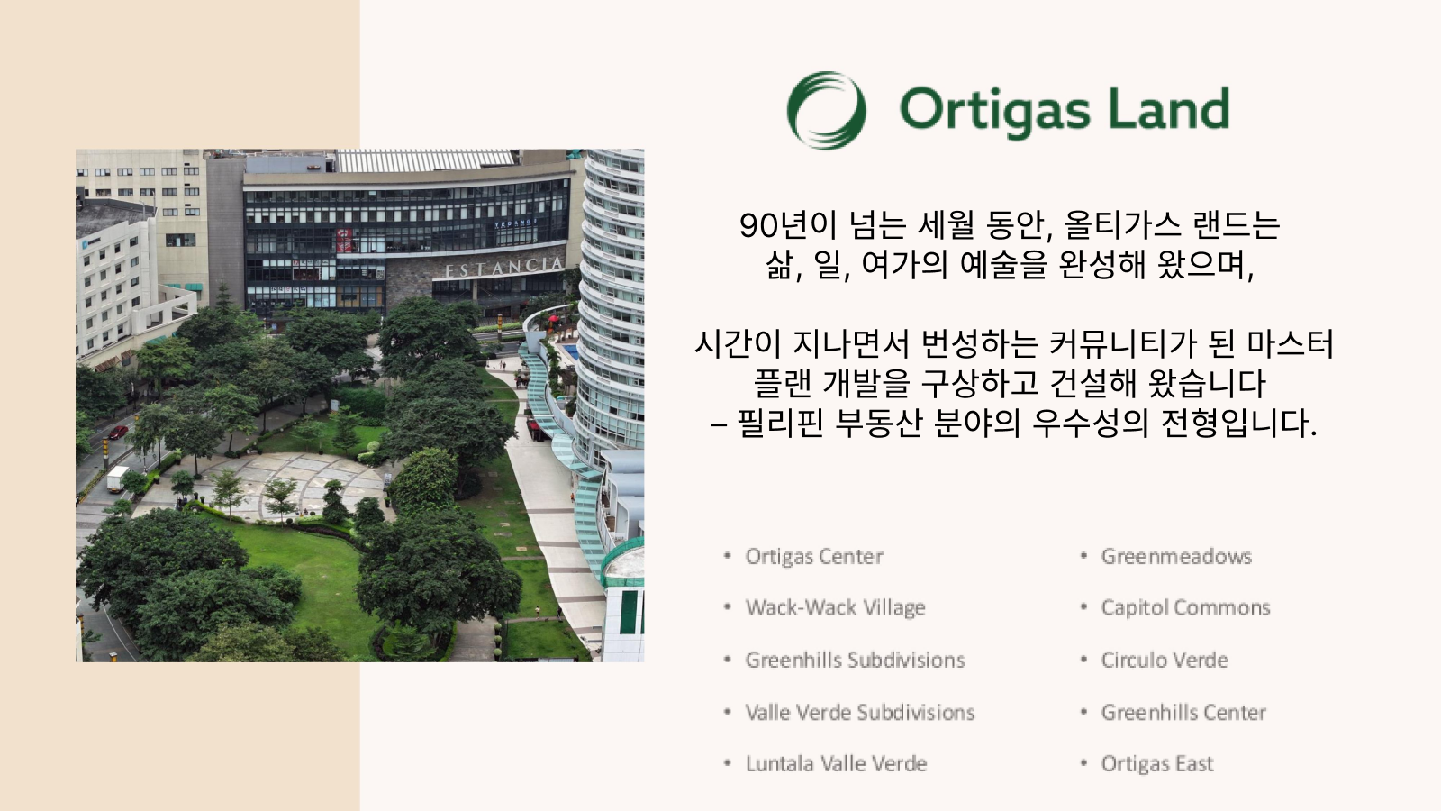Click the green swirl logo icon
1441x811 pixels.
click(x=827, y=110)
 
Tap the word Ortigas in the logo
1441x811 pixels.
click(x=994, y=110)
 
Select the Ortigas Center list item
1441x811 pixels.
click(x=814, y=556)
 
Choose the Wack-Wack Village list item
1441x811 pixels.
click(x=835, y=607)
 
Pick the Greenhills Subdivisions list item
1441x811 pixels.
click(x=855, y=660)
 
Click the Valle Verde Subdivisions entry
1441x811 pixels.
click(x=860, y=712)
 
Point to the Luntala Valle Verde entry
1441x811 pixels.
click(x=837, y=763)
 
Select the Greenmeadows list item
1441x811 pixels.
click(x=1176, y=556)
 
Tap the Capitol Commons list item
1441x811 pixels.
click(x=1185, y=607)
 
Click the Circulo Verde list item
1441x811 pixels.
click(x=1165, y=660)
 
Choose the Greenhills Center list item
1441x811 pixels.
click(x=1183, y=712)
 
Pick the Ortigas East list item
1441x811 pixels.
click(x=1157, y=763)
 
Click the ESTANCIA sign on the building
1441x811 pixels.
click(x=504, y=267)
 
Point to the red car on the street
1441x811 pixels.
click(x=118, y=432)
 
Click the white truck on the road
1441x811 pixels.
click(x=117, y=479)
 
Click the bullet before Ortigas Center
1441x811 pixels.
click(x=728, y=555)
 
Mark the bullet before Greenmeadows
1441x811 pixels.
click(x=1084, y=555)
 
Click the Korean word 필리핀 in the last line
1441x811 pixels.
click(x=780, y=424)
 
